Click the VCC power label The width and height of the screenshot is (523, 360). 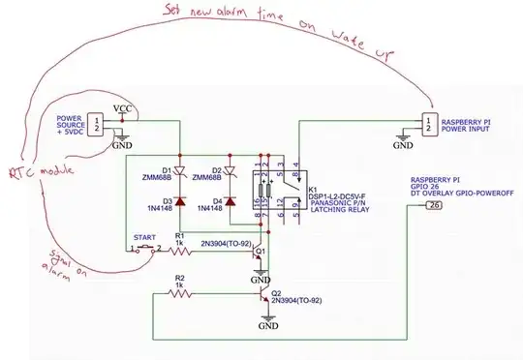tap(123, 107)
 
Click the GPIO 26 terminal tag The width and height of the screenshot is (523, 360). tap(435, 205)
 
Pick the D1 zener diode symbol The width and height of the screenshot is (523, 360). tap(179, 161)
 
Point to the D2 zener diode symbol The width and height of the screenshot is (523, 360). tap(231, 161)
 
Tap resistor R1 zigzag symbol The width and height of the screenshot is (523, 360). tap(184, 251)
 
